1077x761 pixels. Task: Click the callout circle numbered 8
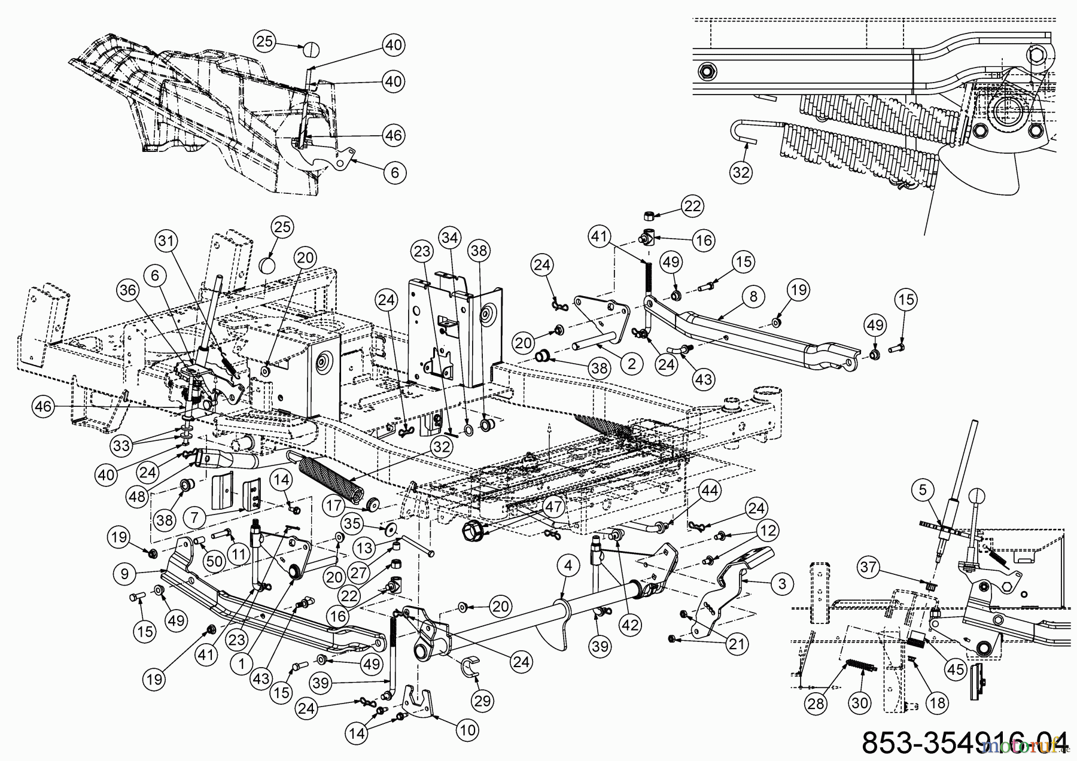click(753, 296)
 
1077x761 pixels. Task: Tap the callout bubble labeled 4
click(568, 565)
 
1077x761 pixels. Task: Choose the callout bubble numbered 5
click(923, 490)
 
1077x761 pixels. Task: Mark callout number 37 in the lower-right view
click(871, 566)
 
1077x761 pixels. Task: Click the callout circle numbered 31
click(167, 241)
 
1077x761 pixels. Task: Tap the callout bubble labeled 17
click(336, 505)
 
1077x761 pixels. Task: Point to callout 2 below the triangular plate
click(632, 362)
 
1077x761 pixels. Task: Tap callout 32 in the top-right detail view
click(741, 172)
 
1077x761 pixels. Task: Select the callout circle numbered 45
click(956, 669)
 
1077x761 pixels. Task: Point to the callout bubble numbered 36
click(127, 290)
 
